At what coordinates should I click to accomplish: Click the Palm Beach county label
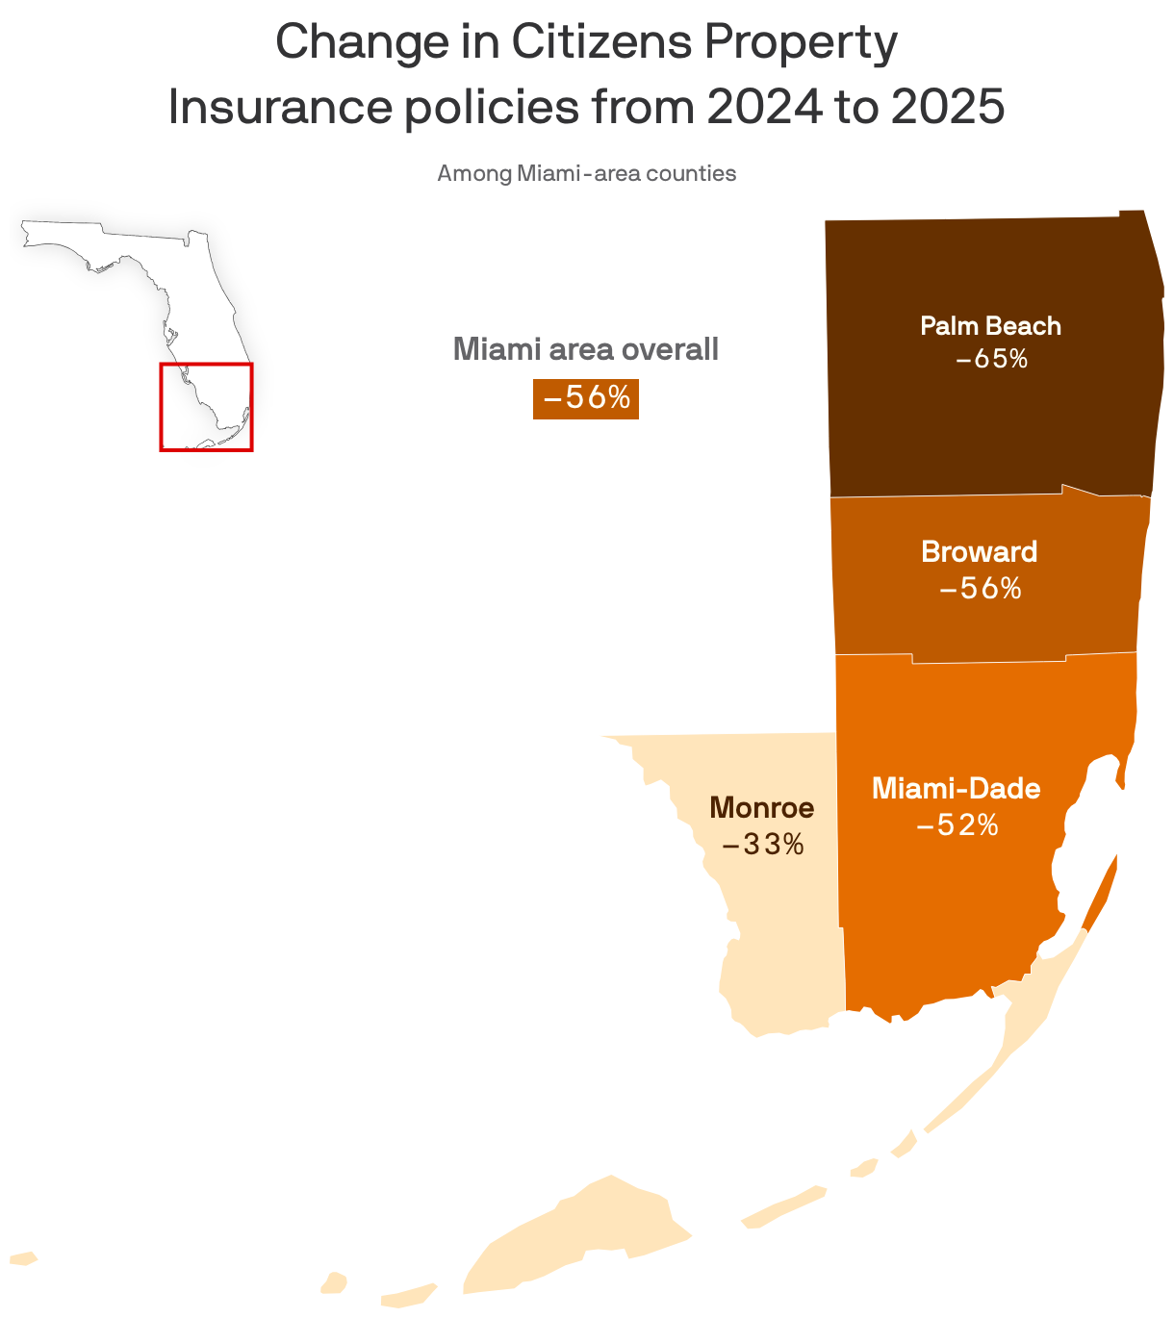coord(990,325)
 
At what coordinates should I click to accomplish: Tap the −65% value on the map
coord(991,359)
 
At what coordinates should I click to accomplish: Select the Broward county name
coord(979,551)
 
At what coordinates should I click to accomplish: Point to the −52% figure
coord(957,825)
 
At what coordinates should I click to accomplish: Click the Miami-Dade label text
coord(956,789)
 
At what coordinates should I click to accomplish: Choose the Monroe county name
coord(761,808)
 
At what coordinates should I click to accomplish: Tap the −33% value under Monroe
coord(762,846)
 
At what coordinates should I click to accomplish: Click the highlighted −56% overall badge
coord(586,397)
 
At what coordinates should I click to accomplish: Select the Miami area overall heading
coord(585,348)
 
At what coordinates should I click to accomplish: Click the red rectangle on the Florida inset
coord(206,365)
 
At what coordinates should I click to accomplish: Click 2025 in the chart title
coord(947,108)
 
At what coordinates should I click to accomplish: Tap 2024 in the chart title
coord(764,108)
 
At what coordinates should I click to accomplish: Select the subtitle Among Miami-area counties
coord(586,174)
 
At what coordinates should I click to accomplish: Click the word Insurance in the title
coord(279,108)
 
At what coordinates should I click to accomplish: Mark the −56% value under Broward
coord(980,588)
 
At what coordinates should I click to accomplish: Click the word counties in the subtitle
coord(691,174)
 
